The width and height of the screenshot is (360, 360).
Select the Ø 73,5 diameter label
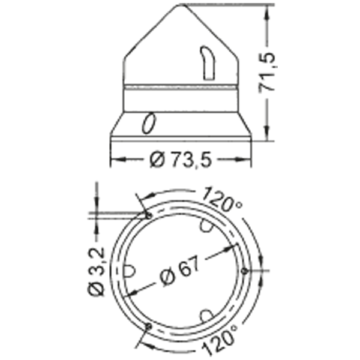point(180,160)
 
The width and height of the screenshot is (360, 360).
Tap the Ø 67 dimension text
point(180,271)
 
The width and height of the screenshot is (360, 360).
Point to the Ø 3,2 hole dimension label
point(96,272)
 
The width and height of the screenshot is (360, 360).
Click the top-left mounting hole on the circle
point(149,215)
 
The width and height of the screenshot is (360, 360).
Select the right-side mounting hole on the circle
point(245,271)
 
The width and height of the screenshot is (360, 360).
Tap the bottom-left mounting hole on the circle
point(149,326)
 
